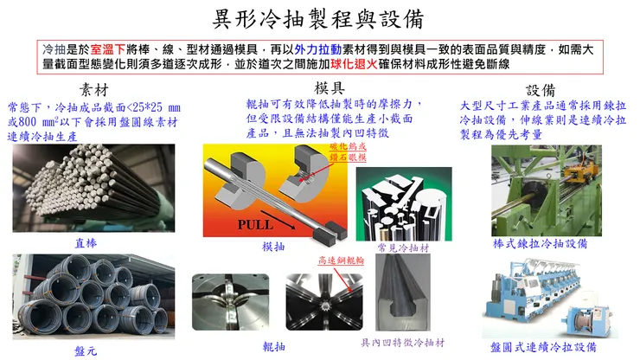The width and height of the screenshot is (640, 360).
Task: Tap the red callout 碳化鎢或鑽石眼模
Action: pyautogui.click(x=330, y=152)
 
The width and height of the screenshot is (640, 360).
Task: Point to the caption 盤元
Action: pyautogui.click(x=86, y=350)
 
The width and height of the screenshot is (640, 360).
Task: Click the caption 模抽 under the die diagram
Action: pyautogui.click(x=273, y=247)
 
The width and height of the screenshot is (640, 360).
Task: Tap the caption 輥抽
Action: pyautogui.click(x=273, y=345)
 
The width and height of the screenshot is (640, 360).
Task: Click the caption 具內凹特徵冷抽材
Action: pyautogui.click(x=406, y=343)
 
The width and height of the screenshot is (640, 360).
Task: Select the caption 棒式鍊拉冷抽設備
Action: pyautogui.click(x=542, y=245)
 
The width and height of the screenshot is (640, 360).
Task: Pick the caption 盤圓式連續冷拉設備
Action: pyautogui.click(x=542, y=345)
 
